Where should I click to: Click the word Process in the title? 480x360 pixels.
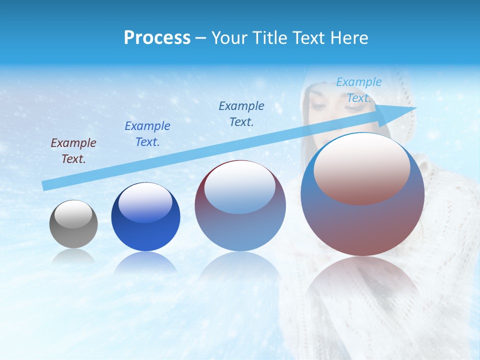point(157,38)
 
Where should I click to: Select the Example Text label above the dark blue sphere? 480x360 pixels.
point(147,134)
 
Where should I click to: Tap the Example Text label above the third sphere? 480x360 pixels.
point(241,113)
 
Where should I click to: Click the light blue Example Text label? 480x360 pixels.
point(359,90)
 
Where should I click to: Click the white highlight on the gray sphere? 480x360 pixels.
point(73,214)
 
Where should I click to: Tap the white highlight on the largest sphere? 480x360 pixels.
point(361,167)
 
